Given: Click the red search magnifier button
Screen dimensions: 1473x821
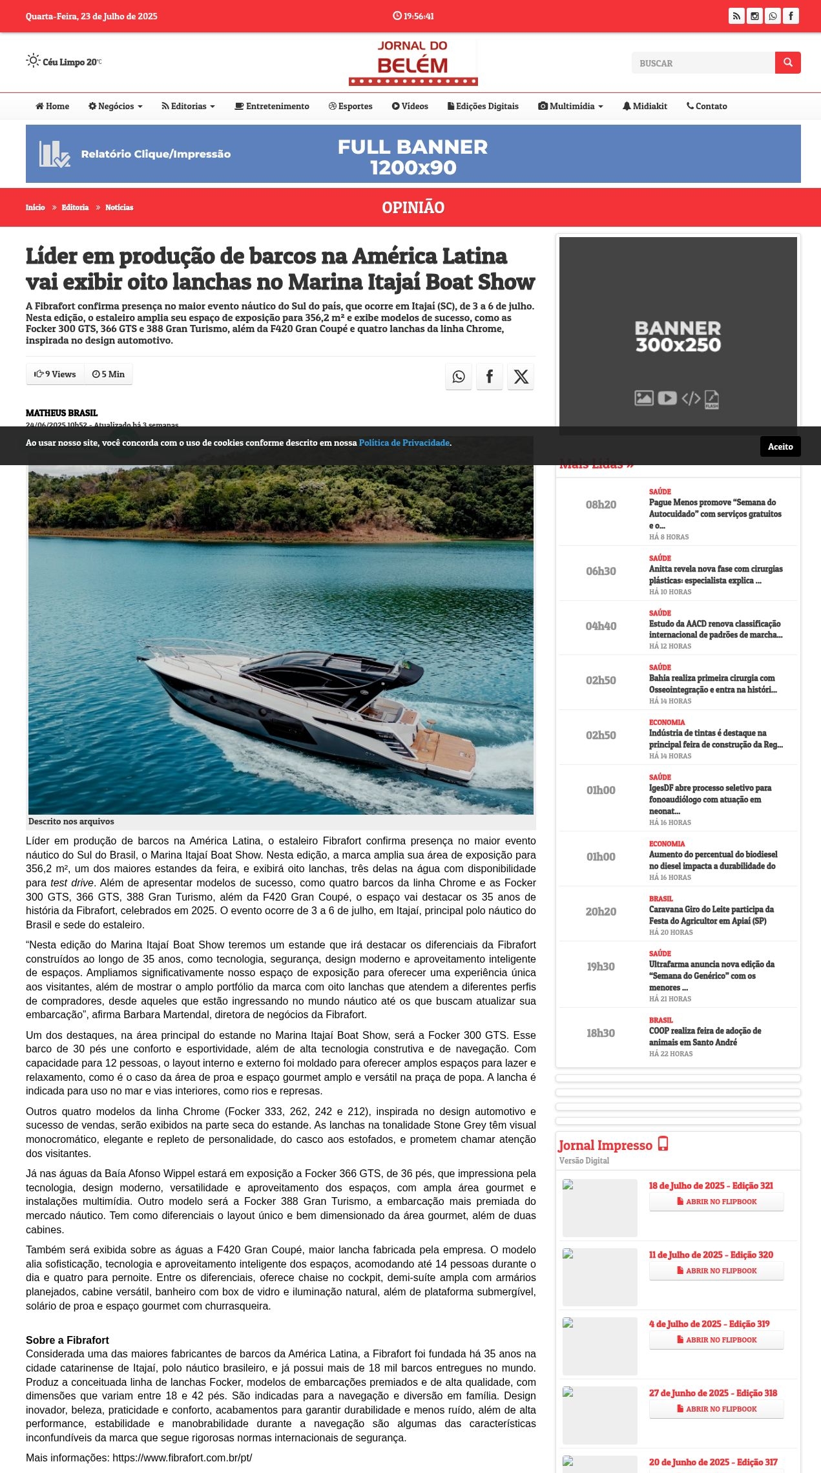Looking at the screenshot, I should (x=787, y=63).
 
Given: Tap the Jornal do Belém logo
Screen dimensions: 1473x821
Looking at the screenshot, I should (x=413, y=63).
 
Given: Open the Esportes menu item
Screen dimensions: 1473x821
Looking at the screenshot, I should (x=351, y=106).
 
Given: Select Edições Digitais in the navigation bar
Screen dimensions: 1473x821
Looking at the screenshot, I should (x=483, y=106).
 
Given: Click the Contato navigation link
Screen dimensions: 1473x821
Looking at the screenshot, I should (x=707, y=106).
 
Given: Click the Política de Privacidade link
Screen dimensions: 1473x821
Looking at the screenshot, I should (x=404, y=443).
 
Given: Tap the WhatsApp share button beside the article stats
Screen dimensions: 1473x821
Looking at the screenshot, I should (x=458, y=377).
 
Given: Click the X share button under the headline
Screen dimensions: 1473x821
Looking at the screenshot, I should (x=521, y=377).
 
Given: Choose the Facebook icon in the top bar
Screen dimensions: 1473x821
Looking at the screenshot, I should (x=791, y=16).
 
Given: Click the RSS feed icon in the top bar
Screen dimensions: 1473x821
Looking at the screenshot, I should (x=736, y=16).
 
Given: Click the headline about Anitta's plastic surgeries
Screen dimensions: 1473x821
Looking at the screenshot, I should (x=715, y=574).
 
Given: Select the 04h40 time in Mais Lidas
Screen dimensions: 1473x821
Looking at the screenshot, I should (x=601, y=626).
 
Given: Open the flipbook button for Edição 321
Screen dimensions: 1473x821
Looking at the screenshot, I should (x=716, y=1202).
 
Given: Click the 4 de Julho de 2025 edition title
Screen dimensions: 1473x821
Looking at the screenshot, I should (x=709, y=1324).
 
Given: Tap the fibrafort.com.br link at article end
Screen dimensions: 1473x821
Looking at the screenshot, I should (x=182, y=1457).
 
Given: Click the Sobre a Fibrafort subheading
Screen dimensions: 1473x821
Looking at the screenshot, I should (x=67, y=1341).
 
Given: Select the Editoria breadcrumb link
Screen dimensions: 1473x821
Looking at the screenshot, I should (x=75, y=207).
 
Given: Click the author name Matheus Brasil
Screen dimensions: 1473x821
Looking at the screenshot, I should (x=61, y=413).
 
